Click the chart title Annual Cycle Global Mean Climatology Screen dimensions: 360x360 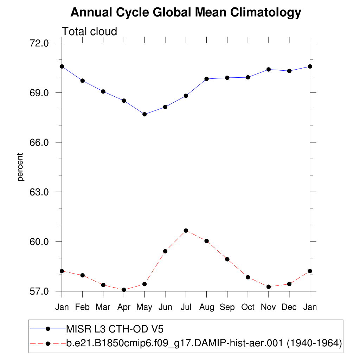[186, 13]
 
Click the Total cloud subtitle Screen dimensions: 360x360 [89, 32]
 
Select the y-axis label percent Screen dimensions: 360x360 [21, 167]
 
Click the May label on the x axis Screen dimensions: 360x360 [144, 307]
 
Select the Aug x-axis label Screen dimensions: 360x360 [206, 307]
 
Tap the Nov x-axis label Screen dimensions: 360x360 [269, 307]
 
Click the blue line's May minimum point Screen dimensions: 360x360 [144, 114]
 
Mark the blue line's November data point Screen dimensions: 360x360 [269, 69]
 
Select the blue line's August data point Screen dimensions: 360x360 [206, 79]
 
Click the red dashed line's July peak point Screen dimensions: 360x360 [186, 231]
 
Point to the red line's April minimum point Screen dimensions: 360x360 [124, 290]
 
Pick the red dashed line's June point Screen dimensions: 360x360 [165, 251]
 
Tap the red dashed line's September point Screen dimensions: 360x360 [227, 259]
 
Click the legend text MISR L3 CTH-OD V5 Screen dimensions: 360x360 [115, 329]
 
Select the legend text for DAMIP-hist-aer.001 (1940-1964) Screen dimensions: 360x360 [204, 343]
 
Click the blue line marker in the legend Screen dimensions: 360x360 [49, 329]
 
